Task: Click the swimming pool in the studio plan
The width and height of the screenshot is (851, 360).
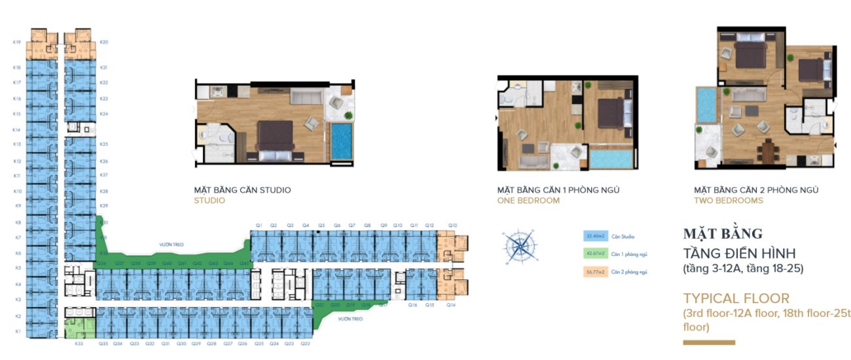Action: tap(340, 140)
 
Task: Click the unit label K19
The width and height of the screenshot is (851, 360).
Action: tap(17, 43)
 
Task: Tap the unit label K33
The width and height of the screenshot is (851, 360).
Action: tap(79, 344)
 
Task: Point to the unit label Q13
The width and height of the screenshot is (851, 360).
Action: tap(452, 225)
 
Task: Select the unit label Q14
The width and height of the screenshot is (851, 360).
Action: tap(450, 306)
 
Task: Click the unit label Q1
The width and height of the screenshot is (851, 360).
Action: tap(259, 225)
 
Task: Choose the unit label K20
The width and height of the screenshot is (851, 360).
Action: tap(103, 43)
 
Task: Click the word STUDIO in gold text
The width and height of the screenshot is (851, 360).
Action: tap(209, 201)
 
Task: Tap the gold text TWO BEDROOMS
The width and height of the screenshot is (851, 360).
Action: tap(729, 201)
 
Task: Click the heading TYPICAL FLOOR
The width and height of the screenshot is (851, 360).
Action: tap(736, 298)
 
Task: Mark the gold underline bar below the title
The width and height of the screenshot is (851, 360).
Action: tap(708, 342)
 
